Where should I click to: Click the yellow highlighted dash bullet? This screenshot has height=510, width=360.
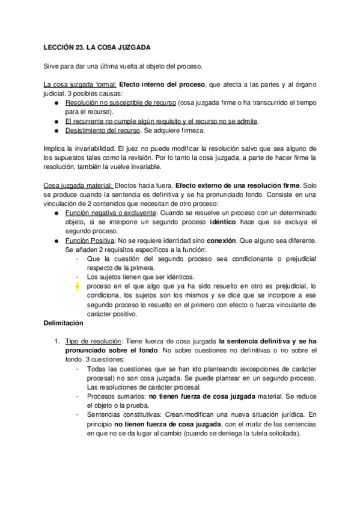pos(78,287)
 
